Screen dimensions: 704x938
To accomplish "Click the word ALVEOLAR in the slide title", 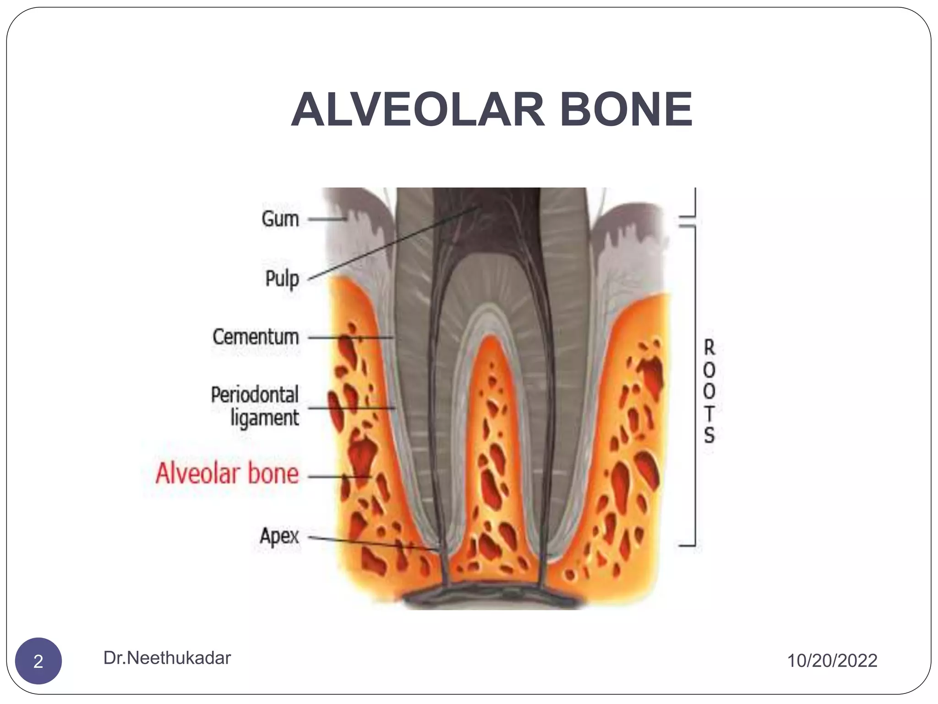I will tap(417, 110).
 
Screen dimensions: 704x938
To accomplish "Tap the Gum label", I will tap(280, 219).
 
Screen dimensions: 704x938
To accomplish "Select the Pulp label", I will tap(282, 279).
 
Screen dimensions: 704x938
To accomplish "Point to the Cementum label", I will tap(256, 337).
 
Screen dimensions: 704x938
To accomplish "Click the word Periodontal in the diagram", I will tap(255, 395).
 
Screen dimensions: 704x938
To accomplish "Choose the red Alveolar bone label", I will tap(227, 473).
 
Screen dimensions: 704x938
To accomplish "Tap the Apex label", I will tap(279, 536).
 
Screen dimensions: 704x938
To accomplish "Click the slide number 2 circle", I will tap(38, 661).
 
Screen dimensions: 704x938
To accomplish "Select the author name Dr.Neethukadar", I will tap(167, 658).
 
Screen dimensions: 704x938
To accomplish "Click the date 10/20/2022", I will tap(832, 661).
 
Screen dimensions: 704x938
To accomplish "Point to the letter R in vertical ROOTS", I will tap(709, 347).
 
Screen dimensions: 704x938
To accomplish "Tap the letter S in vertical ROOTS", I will tap(709, 435).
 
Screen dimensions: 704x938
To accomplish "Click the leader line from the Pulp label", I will tap(394, 243).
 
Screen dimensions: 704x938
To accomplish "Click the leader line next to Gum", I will tap(326, 219).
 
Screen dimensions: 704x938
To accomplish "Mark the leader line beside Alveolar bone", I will tap(339, 477).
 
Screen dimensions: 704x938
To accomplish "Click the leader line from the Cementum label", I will tap(350, 338).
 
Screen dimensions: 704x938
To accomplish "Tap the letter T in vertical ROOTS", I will tap(709, 413).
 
